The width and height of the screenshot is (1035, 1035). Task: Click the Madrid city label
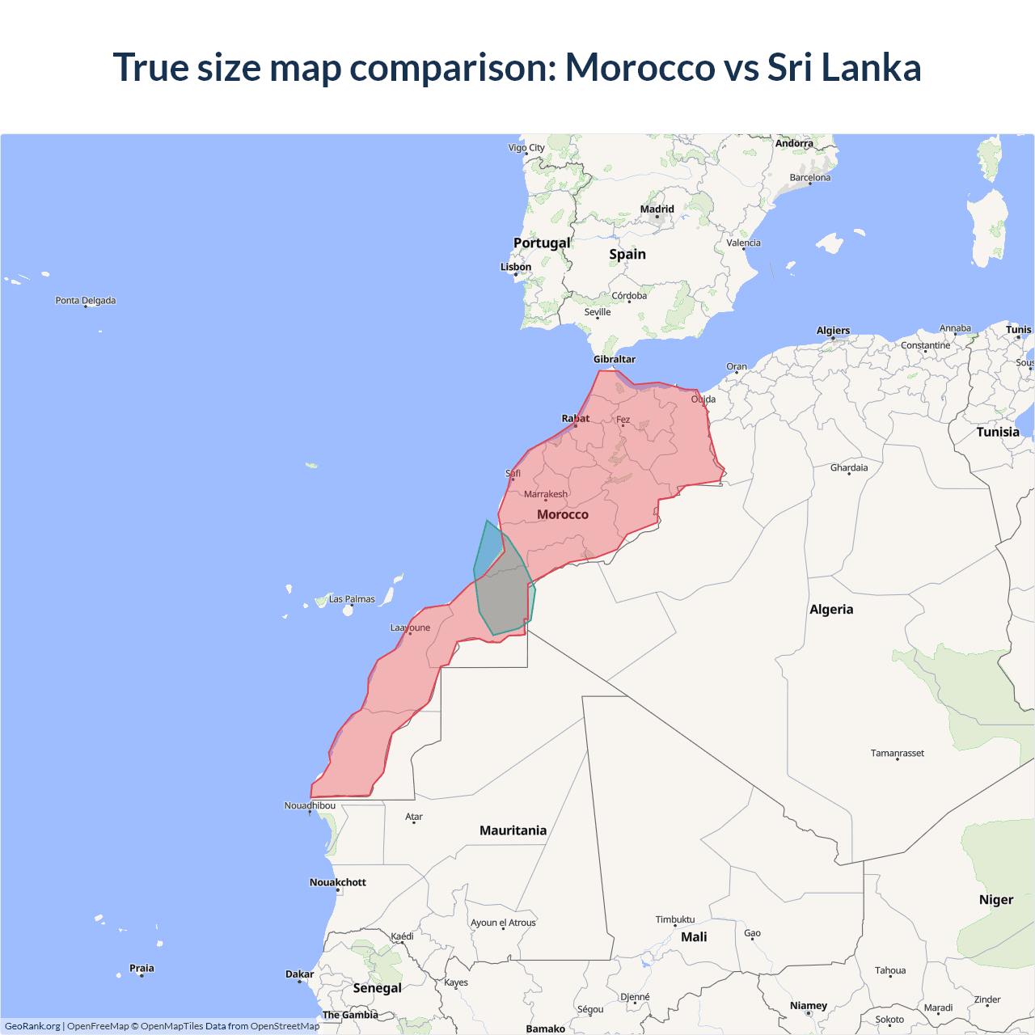click(657, 209)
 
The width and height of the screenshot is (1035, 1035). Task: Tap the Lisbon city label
click(516, 267)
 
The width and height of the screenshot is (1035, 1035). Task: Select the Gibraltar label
click(615, 359)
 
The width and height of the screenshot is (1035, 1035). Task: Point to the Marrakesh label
click(546, 494)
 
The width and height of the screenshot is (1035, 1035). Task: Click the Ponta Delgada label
click(86, 301)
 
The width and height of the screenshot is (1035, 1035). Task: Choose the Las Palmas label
click(352, 599)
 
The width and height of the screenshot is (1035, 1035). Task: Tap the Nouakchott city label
click(338, 882)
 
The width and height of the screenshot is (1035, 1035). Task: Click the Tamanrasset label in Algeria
click(898, 753)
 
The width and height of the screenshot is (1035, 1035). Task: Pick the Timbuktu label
click(675, 919)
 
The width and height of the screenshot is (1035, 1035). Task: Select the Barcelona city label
click(810, 178)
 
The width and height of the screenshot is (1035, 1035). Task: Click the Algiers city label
click(833, 331)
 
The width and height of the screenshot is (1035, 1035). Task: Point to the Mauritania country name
click(513, 830)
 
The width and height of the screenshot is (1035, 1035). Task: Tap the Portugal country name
click(542, 243)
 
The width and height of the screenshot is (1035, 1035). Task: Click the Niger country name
click(996, 900)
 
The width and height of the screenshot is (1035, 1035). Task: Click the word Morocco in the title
click(640, 67)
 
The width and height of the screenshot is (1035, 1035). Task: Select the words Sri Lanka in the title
click(844, 67)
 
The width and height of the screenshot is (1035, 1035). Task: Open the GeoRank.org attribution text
click(32, 1026)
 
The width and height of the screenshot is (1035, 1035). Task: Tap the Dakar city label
click(299, 974)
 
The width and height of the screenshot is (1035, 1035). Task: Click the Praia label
click(142, 968)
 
